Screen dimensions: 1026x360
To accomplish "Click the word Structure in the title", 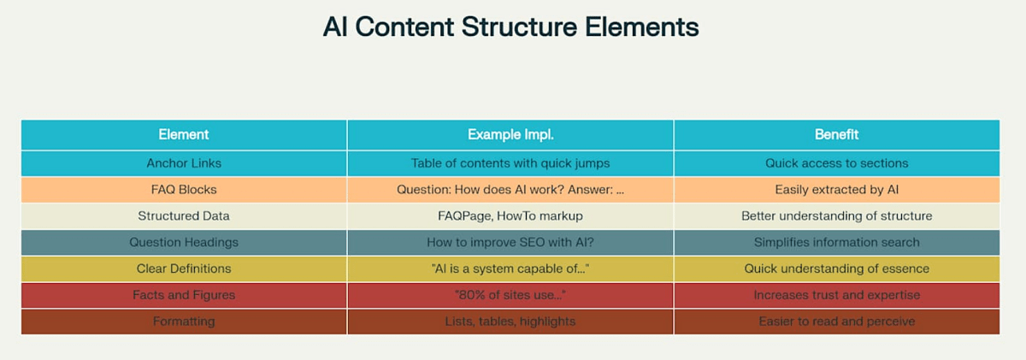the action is tap(519, 27).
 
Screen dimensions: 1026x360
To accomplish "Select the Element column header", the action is tap(184, 134).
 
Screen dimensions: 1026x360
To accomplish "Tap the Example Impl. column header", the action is tap(510, 134).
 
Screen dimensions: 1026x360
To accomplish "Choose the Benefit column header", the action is tap(836, 134).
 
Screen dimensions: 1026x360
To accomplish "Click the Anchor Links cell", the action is tap(184, 163).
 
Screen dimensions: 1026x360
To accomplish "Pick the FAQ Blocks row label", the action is tap(184, 190).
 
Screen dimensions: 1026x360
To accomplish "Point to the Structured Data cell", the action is tap(184, 215).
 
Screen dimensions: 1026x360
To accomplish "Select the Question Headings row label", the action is tap(184, 242).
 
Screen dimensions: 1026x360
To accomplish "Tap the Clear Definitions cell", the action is tap(184, 269).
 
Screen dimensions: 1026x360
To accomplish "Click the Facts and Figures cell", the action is tap(184, 295).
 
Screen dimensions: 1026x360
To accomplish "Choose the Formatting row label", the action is tap(184, 322).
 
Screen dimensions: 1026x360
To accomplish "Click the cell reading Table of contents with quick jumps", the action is tap(510, 163).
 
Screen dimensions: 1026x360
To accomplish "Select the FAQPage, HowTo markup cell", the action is tap(510, 215).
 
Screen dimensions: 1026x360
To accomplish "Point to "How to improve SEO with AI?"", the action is tap(510, 242).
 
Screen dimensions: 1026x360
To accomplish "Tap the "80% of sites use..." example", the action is tap(510, 295).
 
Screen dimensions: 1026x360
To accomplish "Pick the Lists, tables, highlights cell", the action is tap(510, 322).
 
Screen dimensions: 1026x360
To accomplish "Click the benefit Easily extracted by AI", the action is tap(836, 190).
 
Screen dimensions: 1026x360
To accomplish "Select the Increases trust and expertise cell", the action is tap(836, 295).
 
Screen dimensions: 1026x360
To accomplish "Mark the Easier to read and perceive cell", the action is tap(836, 322).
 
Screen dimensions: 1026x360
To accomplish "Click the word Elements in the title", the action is tap(642, 27).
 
